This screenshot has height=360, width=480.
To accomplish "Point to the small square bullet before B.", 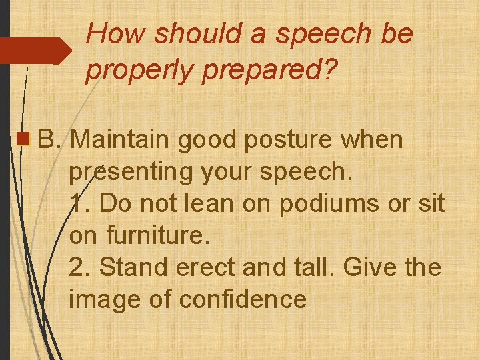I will (x=24, y=140).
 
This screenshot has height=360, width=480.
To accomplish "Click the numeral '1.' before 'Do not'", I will (x=79, y=203).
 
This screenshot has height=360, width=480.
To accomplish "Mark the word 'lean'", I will (x=207, y=203).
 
